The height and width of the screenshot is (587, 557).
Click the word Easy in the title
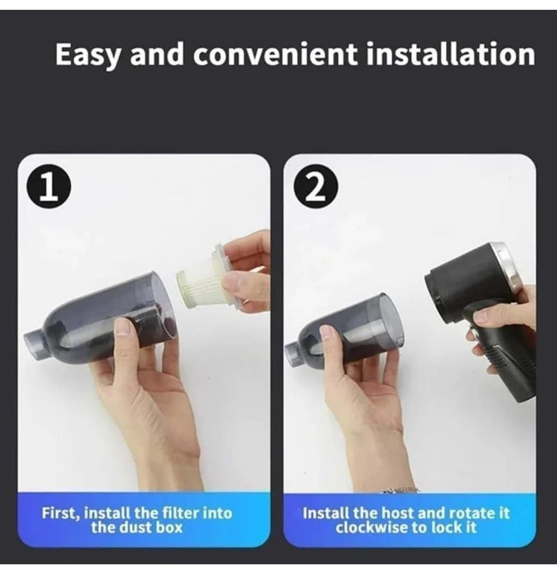tap(88, 55)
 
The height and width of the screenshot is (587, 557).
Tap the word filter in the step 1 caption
tap(180, 513)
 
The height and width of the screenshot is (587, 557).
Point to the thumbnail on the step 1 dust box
tap(122, 326)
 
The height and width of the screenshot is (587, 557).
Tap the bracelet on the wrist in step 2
tap(400, 490)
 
